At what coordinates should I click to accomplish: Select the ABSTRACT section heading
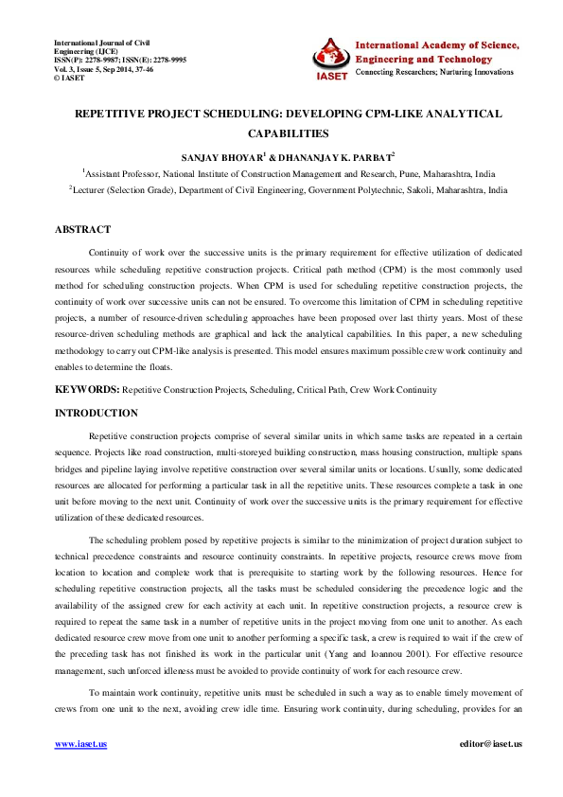pos(82,230)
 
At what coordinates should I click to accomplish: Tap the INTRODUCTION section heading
pos(97,413)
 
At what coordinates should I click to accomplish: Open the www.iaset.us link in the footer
pos(80,744)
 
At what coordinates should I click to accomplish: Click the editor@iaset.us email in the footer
pos(489,744)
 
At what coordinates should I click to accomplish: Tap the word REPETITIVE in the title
pos(119,114)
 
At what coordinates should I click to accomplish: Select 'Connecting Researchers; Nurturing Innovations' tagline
pos(437,72)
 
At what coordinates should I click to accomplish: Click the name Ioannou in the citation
pos(399,653)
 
